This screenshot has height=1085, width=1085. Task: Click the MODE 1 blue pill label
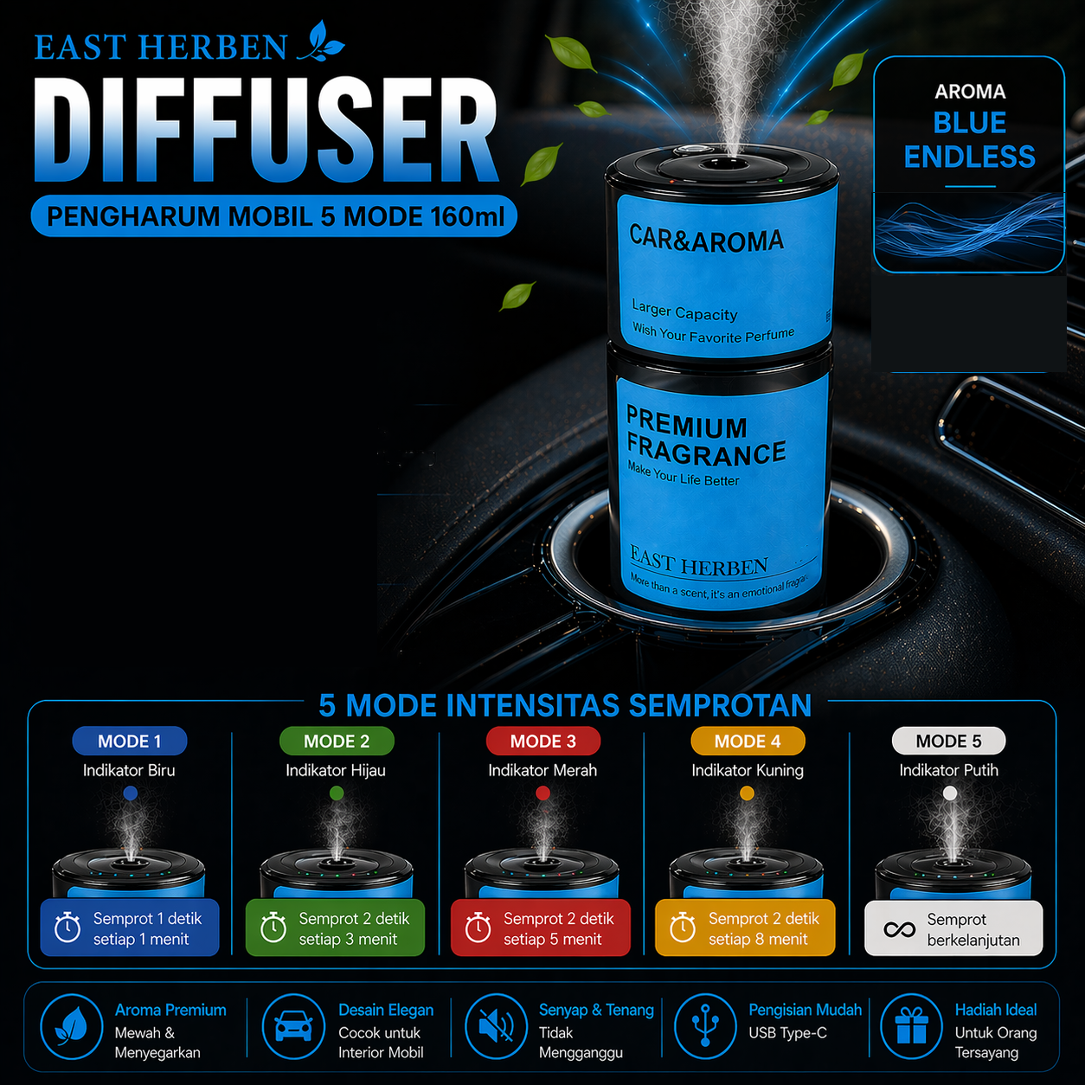[130, 741]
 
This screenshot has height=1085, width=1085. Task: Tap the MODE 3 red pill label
[542, 741]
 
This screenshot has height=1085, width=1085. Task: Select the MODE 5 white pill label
[948, 741]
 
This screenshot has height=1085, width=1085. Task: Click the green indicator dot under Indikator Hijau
[337, 793]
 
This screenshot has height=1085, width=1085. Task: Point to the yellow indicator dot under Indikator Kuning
[747, 793]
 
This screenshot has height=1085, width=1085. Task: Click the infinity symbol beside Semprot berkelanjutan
[899, 929]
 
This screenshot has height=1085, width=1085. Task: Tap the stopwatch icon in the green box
[273, 927]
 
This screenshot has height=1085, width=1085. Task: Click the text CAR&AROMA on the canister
[706, 240]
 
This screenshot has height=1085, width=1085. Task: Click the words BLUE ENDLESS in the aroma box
[970, 139]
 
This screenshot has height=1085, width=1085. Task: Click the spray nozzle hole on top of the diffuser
[723, 164]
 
